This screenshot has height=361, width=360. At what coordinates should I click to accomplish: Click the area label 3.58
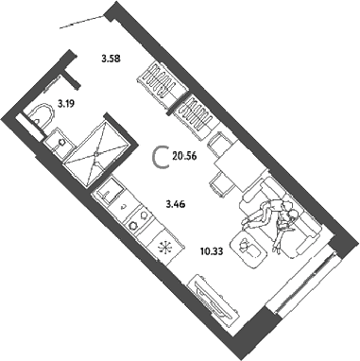point(111,59)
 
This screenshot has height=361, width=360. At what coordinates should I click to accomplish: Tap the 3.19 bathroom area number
point(66,103)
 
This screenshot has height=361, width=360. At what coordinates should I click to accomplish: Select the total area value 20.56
point(184,155)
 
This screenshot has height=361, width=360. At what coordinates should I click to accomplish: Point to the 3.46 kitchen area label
point(176,204)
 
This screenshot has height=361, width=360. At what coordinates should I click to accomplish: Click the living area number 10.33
point(212,251)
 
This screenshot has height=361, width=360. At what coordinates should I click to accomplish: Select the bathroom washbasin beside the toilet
point(59,142)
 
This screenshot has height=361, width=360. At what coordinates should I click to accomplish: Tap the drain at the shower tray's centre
point(97,153)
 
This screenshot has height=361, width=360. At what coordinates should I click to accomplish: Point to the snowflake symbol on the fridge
point(164,247)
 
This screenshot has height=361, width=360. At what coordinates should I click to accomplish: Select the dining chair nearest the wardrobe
point(219,141)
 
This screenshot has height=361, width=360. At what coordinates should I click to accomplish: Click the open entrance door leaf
point(82,22)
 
